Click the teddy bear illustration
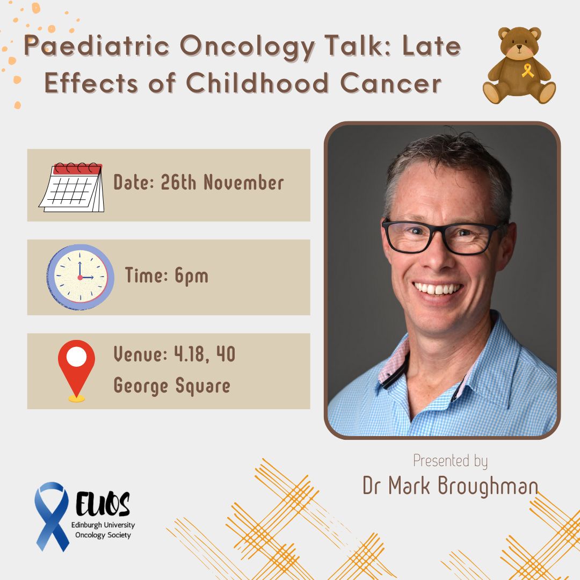tap(519, 66)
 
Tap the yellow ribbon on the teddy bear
tap(528, 70)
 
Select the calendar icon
tap(72, 187)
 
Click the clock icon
tap(80, 277)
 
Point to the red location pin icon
tap(77, 371)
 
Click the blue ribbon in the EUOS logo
tap(52, 517)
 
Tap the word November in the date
tap(244, 183)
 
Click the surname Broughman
tap(488, 485)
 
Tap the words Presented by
tap(450, 461)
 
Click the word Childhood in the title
tap(257, 83)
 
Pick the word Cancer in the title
tap(390, 83)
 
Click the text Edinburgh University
tap(103, 525)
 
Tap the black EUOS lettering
tap(103, 503)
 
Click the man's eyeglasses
tap(442, 236)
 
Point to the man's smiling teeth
tap(438, 288)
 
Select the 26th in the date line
tap(178, 183)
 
